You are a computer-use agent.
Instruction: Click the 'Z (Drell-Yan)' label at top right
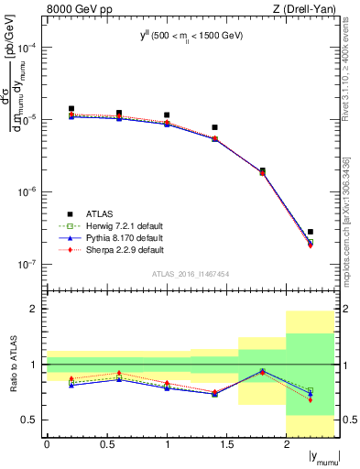[x=308, y=10]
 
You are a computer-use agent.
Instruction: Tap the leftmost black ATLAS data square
[x=71, y=109]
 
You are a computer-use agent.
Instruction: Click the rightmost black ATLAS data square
[x=311, y=232]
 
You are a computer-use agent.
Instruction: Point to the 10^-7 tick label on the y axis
[x=27, y=264]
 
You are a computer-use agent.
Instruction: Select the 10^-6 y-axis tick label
[x=27, y=192]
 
